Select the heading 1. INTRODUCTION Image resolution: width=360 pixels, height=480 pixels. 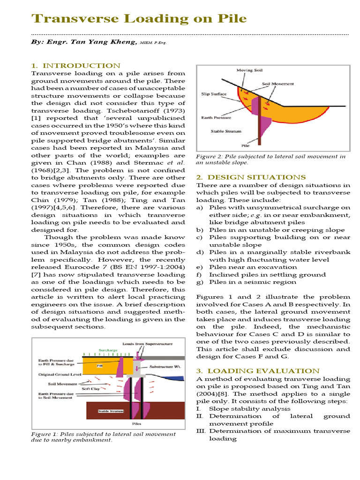pyautogui.click(x=75, y=66)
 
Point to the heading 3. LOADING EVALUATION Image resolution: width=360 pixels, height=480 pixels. pyautogui.click(x=257, y=371)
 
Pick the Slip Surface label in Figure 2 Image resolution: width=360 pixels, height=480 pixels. pyautogui.click(x=214, y=94)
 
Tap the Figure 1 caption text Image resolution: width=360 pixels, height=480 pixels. pyautogui.click(x=103, y=437)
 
